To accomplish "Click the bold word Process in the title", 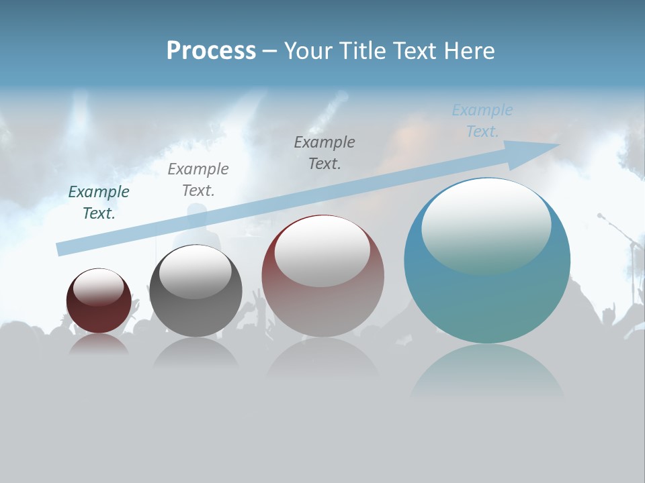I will pyautogui.click(x=211, y=51).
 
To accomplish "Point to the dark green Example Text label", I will pyautogui.click(x=99, y=203).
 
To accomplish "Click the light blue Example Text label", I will pyautogui.click(x=482, y=121).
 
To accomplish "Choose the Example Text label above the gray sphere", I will pyautogui.click(x=198, y=180).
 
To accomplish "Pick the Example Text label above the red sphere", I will pyautogui.click(x=325, y=153).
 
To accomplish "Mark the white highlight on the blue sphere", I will pyautogui.click(x=486, y=225).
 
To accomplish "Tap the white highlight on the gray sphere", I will pyautogui.click(x=196, y=271).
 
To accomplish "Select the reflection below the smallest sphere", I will pyautogui.click(x=99, y=344).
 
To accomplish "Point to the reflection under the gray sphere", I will pyautogui.click(x=196, y=352).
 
